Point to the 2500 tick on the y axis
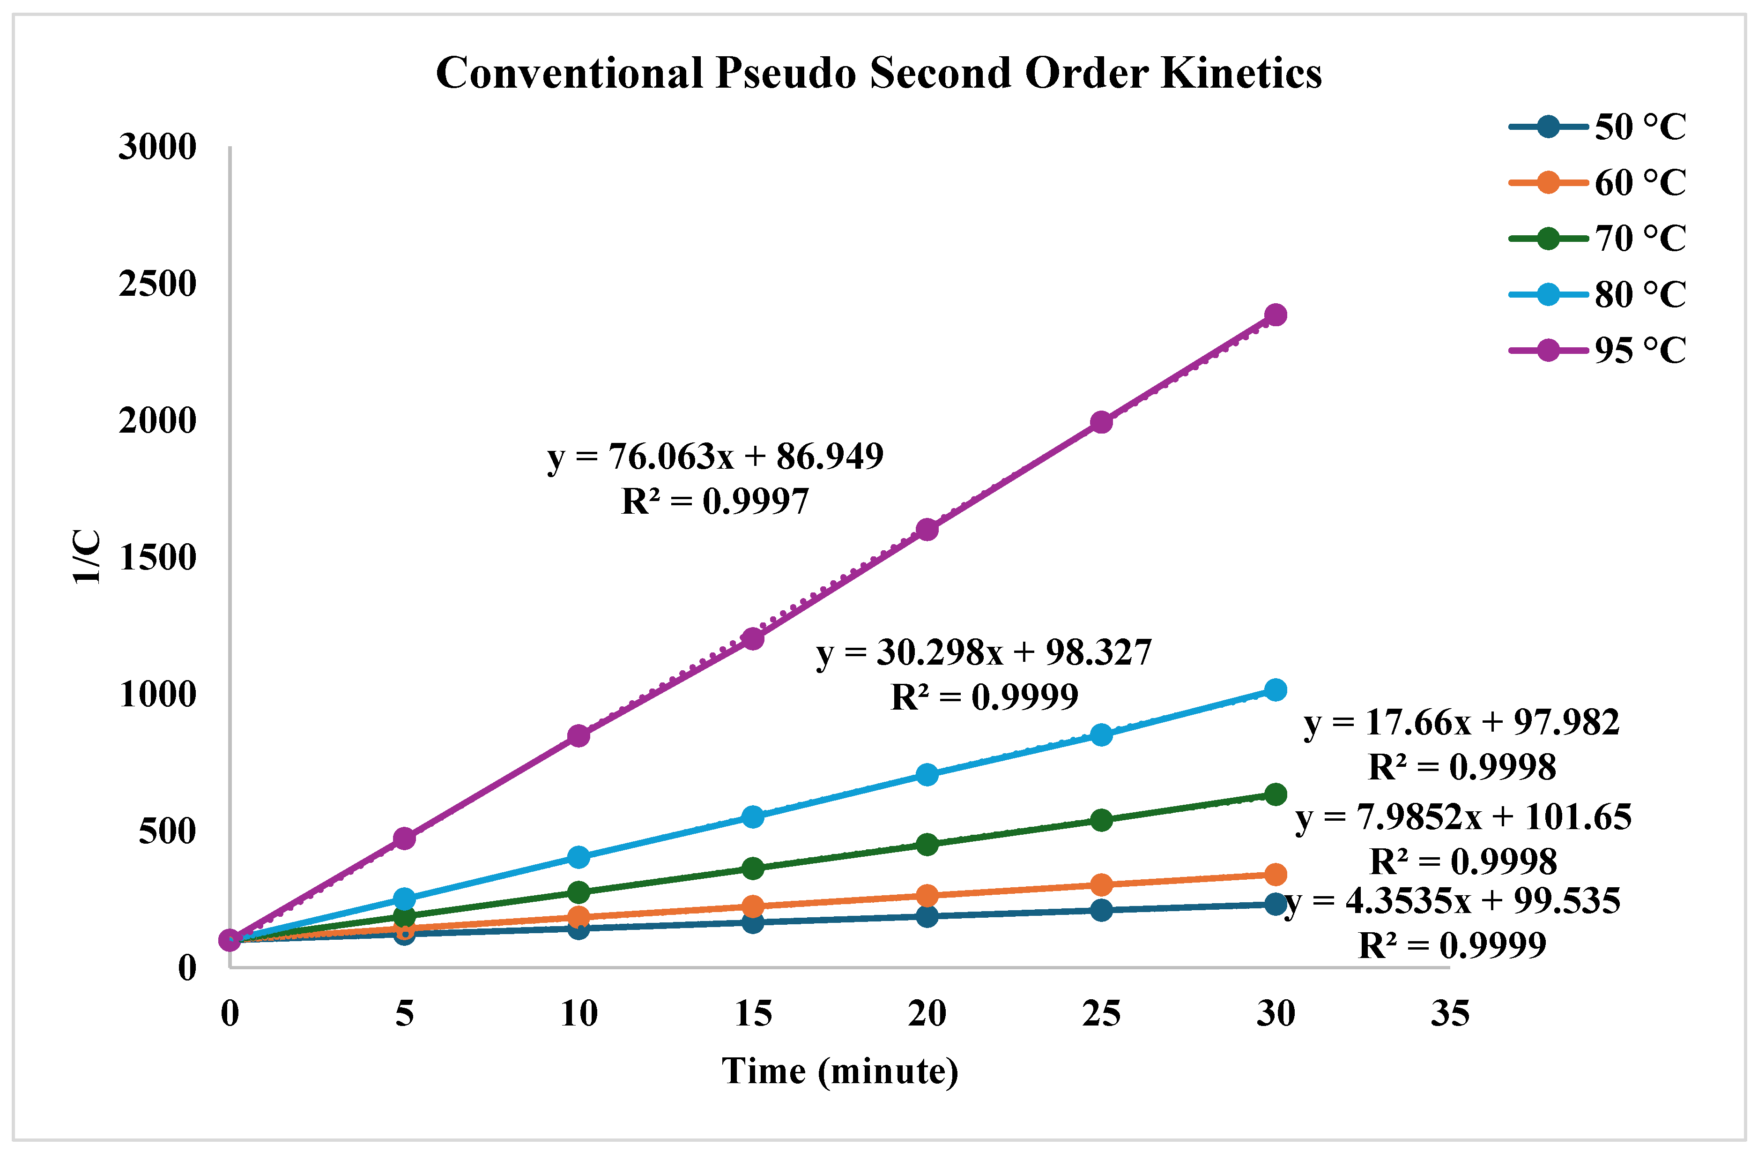(x=157, y=284)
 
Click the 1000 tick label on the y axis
(x=157, y=694)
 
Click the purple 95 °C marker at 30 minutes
(x=1276, y=315)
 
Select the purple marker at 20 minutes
(x=927, y=529)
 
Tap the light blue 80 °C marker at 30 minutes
(x=1276, y=689)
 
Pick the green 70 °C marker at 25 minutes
(x=1101, y=820)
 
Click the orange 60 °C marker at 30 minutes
(x=1276, y=875)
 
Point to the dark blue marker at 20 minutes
(x=927, y=916)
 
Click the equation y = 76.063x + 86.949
(x=715, y=457)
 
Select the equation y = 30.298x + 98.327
(x=984, y=652)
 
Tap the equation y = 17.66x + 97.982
(x=1461, y=723)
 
